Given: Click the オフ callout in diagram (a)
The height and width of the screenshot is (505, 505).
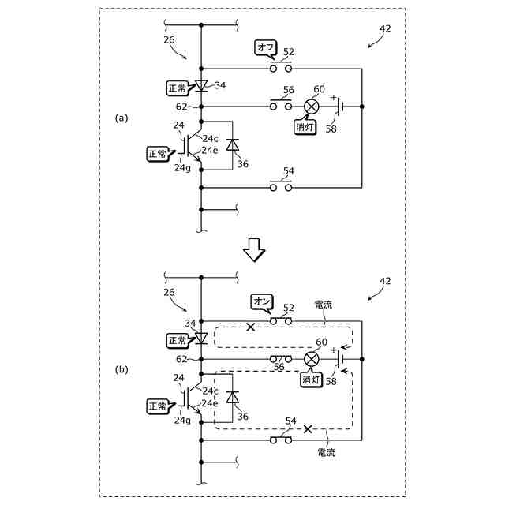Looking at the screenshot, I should pos(264,48).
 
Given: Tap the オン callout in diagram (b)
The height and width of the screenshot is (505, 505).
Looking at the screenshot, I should pos(262,301).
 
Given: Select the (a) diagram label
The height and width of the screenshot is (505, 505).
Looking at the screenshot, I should pos(121,118).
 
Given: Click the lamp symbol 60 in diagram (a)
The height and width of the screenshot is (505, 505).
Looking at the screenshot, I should pos(312,107).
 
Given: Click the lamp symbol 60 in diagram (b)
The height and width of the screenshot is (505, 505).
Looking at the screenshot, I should pos(312,359).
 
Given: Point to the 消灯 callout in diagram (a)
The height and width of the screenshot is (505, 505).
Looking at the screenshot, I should pos(305,127).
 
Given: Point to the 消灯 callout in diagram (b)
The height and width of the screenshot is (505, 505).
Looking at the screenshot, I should pos(311,380).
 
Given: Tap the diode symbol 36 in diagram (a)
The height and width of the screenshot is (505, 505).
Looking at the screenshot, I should pos(232,145).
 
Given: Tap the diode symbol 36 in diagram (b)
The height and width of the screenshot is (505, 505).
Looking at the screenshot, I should pos(232,398).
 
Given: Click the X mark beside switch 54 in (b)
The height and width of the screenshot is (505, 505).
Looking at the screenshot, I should pos(308,429).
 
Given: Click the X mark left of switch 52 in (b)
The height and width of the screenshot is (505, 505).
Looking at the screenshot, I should pos(251,327).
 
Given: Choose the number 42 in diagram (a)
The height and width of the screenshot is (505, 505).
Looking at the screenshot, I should pos(385,28).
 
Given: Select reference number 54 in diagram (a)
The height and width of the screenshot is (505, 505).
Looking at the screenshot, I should pos(289,171).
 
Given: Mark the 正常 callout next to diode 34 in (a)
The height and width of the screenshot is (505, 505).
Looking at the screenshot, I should pos(178,88).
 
